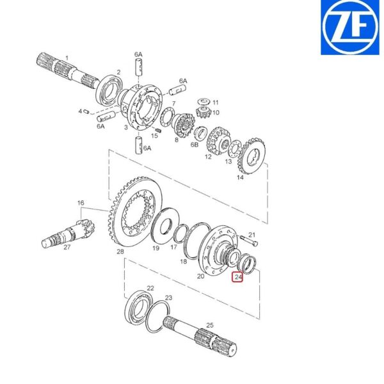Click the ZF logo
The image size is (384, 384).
click(350, 28)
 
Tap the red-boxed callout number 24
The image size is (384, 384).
click(238, 277)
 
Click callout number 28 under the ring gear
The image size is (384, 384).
click(120, 252)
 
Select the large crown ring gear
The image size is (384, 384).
click(135, 211)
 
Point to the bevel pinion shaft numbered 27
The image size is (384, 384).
click(68, 234)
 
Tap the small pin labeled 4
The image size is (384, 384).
click(86, 111)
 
